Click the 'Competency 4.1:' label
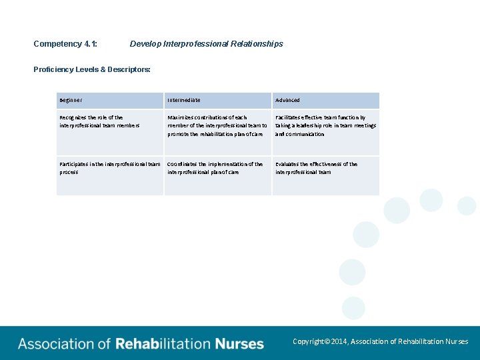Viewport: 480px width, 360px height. pos(65,44)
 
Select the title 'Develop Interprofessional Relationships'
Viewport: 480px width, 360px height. pos(206,44)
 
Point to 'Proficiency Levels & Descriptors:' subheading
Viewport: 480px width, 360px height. pos(92,69)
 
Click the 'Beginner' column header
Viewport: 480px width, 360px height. pos(71,100)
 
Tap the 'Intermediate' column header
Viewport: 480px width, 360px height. pos(184,100)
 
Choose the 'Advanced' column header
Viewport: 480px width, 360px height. pos(288,100)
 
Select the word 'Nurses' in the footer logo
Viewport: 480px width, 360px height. pos(239,344)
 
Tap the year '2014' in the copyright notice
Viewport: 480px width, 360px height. pos(339,341)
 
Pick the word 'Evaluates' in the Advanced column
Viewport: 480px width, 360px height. pos(288,164)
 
